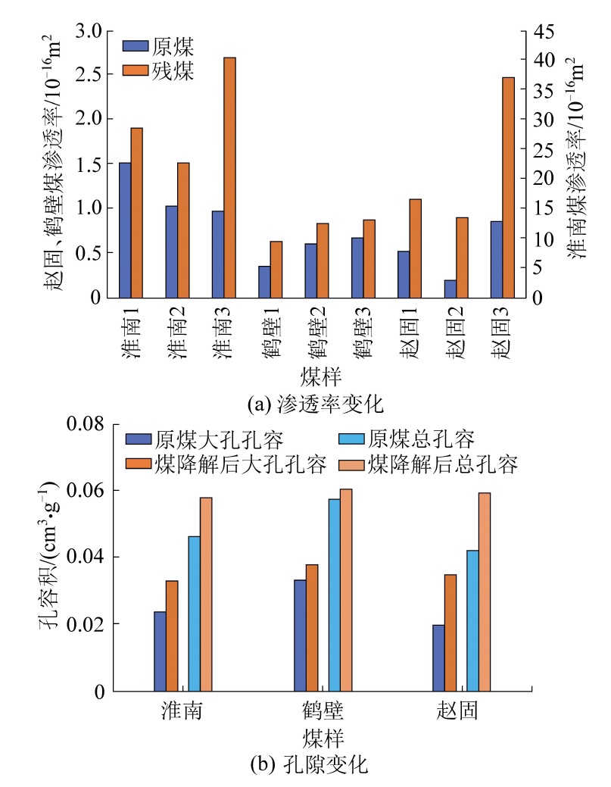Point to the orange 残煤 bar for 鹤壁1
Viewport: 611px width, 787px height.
[x=276, y=269]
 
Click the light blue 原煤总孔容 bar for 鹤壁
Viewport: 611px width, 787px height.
[x=334, y=595]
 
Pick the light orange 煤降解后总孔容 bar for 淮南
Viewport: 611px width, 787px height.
[x=206, y=594]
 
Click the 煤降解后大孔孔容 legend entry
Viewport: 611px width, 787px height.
[x=226, y=465]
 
